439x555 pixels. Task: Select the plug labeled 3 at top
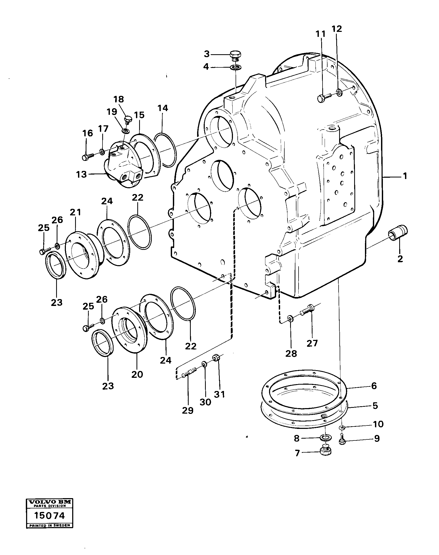point(235,56)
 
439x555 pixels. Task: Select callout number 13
point(81,174)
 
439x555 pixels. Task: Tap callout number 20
point(137,374)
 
